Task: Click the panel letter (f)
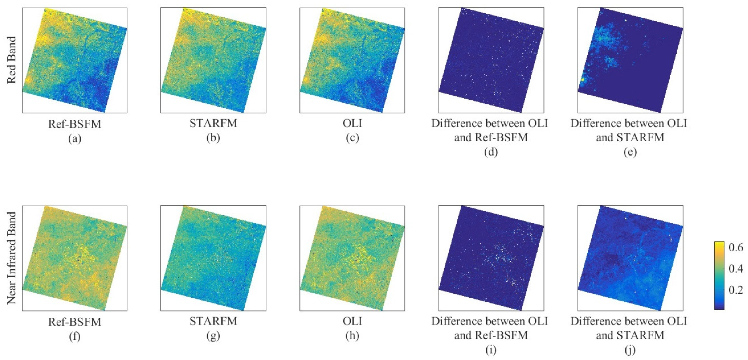click(75, 336)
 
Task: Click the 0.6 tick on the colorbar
click(735, 247)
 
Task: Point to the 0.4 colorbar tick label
click(735, 269)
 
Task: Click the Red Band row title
click(12, 60)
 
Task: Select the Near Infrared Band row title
click(12, 258)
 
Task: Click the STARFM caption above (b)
click(213, 123)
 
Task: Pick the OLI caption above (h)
click(352, 321)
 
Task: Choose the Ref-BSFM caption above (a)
click(75, 124)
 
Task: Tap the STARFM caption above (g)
click(213, 321)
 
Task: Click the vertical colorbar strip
click(719, 275)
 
